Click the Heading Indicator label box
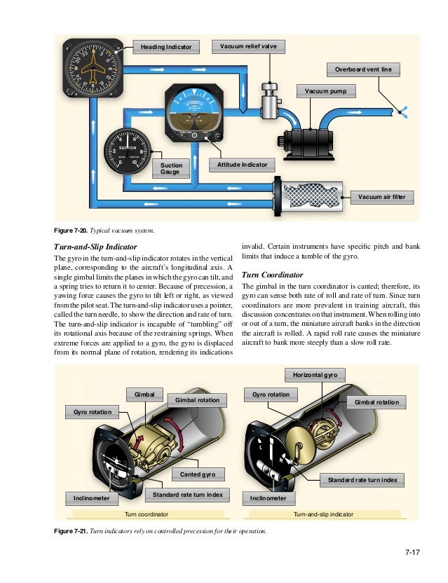(165, 47)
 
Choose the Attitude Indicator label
(241, 164)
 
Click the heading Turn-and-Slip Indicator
(95, 247)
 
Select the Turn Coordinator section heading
(272, 275)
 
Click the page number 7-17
(412, 554)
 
